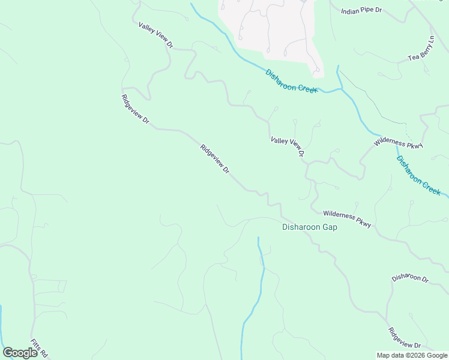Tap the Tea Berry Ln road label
click(420, 50)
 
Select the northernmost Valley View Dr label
click(155, 35)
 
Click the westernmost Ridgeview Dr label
click(135, 109)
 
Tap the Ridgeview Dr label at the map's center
click(215, 159)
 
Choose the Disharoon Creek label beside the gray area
click(291, 80)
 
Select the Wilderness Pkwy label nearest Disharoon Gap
click(347, 218)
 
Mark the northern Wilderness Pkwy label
click(399, 143)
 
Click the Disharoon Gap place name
click(309, 227)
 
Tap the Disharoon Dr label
click(410, 278)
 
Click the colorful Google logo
click(20, 353)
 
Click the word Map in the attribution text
click(384, 355)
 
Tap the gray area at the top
click(270, 27)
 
